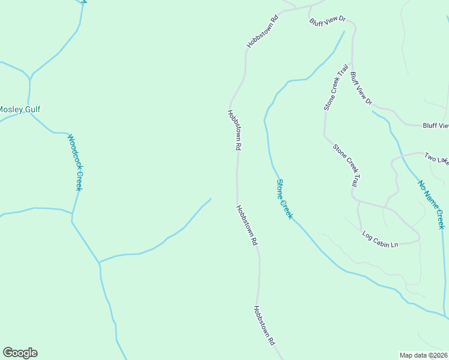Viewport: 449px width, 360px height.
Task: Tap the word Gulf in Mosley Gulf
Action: click(x=33, y=110)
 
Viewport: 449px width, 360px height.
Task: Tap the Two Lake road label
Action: click(x=436, y=158)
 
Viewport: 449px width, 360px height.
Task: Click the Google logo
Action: click(x=20, y=353)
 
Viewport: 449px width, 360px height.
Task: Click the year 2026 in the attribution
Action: click(x=439, y=355)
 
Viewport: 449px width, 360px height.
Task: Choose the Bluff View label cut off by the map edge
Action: click(x=435, y=125)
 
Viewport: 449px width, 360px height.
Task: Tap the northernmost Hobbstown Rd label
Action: click(x=263, y=31)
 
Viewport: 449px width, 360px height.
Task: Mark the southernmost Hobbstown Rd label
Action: click(x=264, y=325)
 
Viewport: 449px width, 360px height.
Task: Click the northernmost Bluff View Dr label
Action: click(x=328, y=20)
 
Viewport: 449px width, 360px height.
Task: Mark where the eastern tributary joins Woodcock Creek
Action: click(x=100, y=263)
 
